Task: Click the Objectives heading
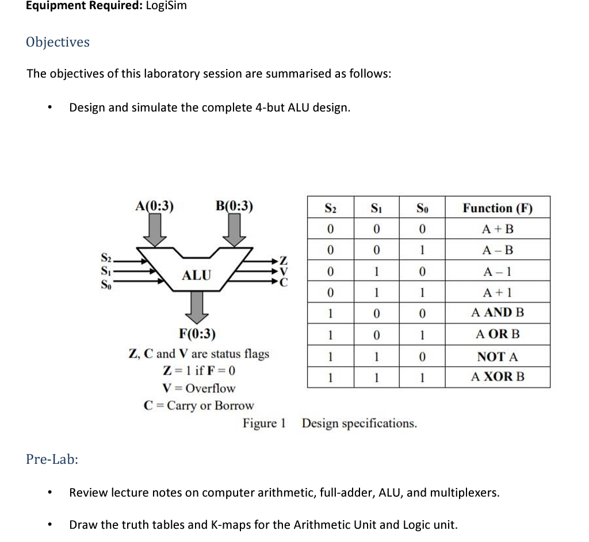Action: [58, 42]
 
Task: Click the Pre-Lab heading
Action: [52, 459]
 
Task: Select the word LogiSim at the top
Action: [167, 6]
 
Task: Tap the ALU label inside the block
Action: [197, 275]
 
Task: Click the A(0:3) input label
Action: [154, 206]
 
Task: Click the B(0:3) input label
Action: [234, 206]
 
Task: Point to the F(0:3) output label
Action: [198, 333]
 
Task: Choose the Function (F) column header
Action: [498, 207]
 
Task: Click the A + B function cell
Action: [498, 229]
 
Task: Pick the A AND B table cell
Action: [498, 313]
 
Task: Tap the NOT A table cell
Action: [498, 356]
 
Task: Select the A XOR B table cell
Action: [498, 377]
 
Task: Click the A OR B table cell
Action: [498, 334]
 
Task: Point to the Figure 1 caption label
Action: [264, 424]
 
